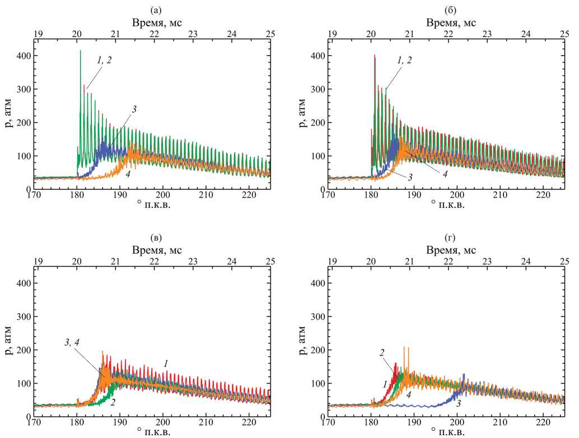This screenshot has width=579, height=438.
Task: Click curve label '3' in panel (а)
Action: point(134,109)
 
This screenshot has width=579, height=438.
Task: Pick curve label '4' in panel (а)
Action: point(129,175)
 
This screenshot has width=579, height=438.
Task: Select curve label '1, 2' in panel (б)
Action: point(401,60)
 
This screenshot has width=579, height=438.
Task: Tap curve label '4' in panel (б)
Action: point(445,174)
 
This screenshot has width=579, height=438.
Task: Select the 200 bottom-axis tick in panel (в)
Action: point(162,422)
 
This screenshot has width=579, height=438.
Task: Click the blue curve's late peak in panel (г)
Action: point(464,375)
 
